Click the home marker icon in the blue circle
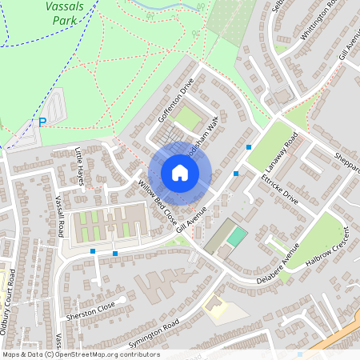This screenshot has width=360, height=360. (179, 173)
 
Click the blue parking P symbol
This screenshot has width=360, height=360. (42, 122)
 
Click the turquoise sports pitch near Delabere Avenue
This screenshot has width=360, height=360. (236, 237)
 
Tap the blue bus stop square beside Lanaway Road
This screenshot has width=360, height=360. (249, 147)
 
